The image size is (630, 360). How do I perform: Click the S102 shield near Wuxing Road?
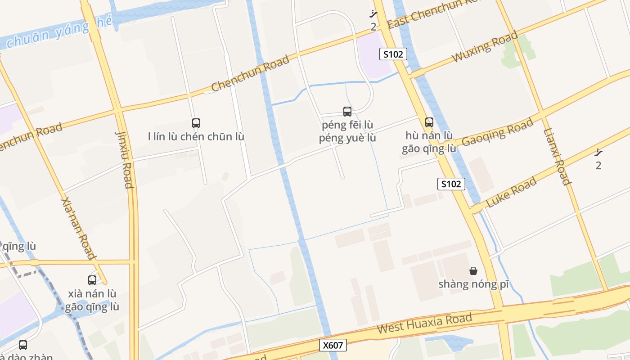click(x=393, y=54)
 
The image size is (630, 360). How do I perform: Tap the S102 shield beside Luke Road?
click(x=451, y=184)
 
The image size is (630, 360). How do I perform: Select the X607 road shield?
click(x=333, y=345)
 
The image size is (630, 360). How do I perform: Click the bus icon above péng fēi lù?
click(x=347, y=111)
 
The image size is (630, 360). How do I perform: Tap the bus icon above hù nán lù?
click(x=429, y=122)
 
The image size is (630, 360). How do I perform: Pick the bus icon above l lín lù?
click(x=196, y=123)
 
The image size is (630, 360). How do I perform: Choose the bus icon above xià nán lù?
click(x=92, y=280)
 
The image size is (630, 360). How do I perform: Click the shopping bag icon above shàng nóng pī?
click(x=473, y=270)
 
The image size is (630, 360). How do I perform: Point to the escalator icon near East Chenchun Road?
click(x=373, y=14)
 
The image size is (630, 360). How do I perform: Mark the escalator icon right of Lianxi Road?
click(x=598, y=153)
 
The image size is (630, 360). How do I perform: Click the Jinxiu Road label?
click(x=125, y=160)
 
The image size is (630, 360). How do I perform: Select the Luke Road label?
click(x=512, y=192)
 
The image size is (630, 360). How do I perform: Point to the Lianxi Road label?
click(x=558, y=157)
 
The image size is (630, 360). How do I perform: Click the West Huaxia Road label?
click(x=424, y=324)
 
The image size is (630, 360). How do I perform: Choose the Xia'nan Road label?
click(x=78, y=228)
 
